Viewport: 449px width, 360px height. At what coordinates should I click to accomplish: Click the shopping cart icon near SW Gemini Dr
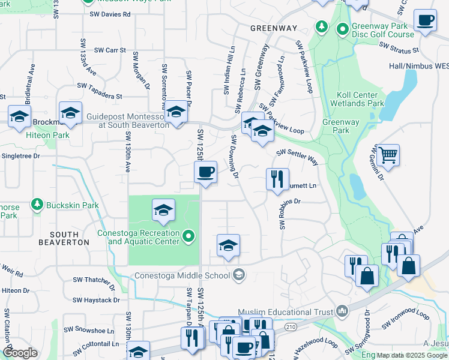point(388,155)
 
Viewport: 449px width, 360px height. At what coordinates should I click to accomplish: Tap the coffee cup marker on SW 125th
point(205,173)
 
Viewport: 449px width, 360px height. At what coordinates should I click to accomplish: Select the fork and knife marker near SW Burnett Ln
point(277,179)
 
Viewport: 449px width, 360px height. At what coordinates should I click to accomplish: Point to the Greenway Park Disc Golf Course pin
point(343,28)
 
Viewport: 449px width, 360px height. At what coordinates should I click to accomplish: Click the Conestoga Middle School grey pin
point(239,275)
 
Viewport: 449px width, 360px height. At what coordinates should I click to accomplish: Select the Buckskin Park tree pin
point(37,205)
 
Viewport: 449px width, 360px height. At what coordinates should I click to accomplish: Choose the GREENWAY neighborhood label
point(273,28)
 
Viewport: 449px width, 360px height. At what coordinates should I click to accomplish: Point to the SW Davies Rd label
point(109,14)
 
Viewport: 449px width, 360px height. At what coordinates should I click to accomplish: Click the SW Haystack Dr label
point(96,300)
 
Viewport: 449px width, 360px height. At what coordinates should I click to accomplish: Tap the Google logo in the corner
point(20,353)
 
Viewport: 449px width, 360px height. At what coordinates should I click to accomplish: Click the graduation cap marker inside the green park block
point(163,211)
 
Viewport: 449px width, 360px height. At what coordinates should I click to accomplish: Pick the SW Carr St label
point(110,50)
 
